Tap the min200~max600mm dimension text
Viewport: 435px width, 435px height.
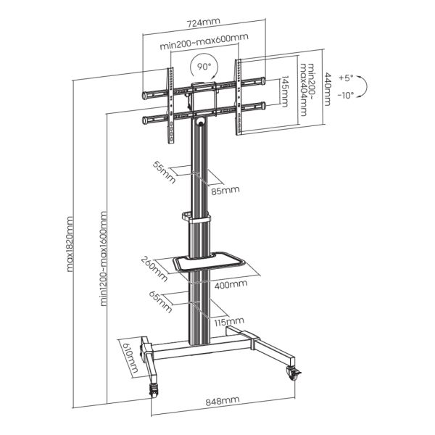[x=204, y=46]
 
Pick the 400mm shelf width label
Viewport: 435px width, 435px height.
[x=231, y=285]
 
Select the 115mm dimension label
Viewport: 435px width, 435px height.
[x=228, y=321]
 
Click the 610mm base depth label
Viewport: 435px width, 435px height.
[x=132, y=358]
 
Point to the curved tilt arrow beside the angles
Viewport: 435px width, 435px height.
[x=366, y=87]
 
